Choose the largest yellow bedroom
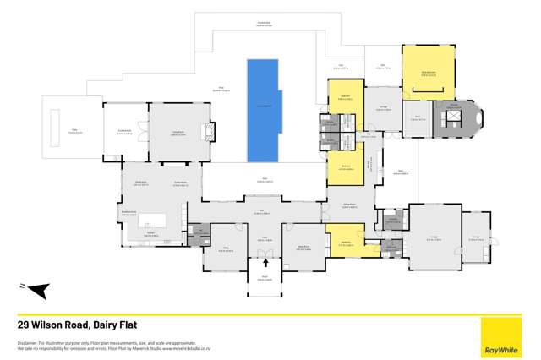click(x=428, y=73)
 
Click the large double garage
click(x=434, y=233)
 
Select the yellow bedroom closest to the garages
click(x=345, y=238)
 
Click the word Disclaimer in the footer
click(x=26, y=342)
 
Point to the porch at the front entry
click(x=265, y=276)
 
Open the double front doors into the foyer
click(x=265, y=253)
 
